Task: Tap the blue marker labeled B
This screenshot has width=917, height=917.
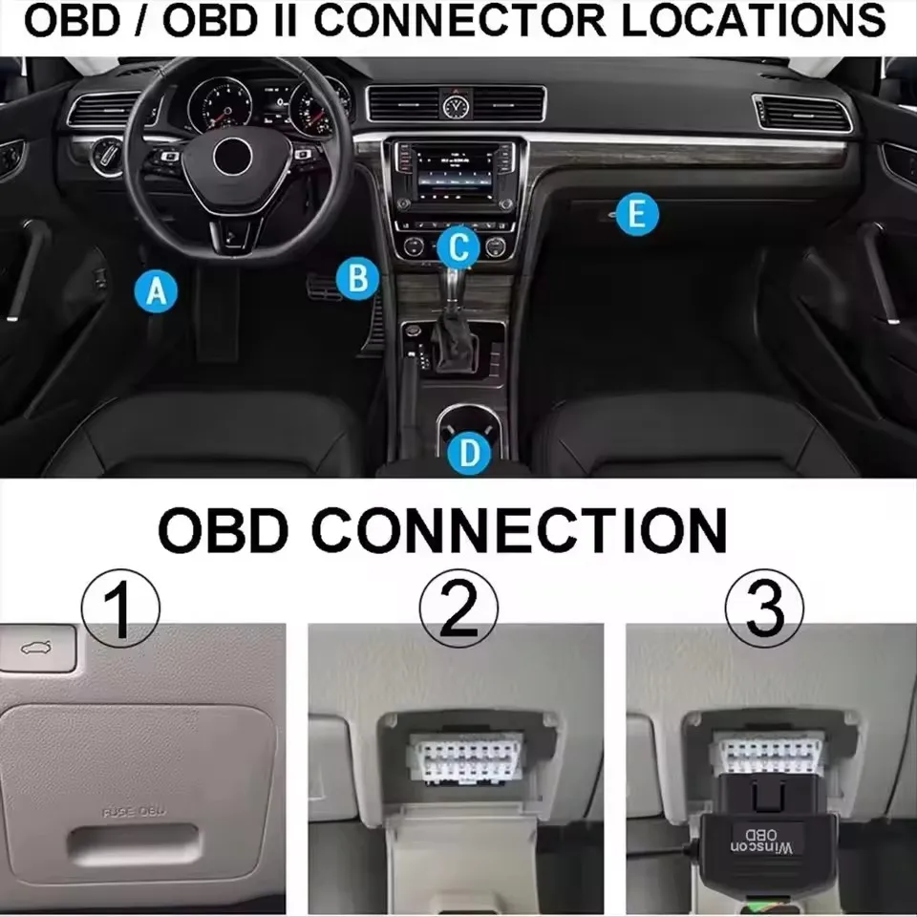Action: click(x=358, y=279)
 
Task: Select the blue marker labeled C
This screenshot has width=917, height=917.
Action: click(x=459, y=248)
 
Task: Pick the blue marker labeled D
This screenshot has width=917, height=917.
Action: click(x=469, y=453)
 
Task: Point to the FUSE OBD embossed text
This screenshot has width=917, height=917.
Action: click(x=134, y=812)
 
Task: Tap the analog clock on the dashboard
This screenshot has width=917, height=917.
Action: click(x=456, y=103)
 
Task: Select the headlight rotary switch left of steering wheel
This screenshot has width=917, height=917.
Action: click(x=106, y=154)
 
